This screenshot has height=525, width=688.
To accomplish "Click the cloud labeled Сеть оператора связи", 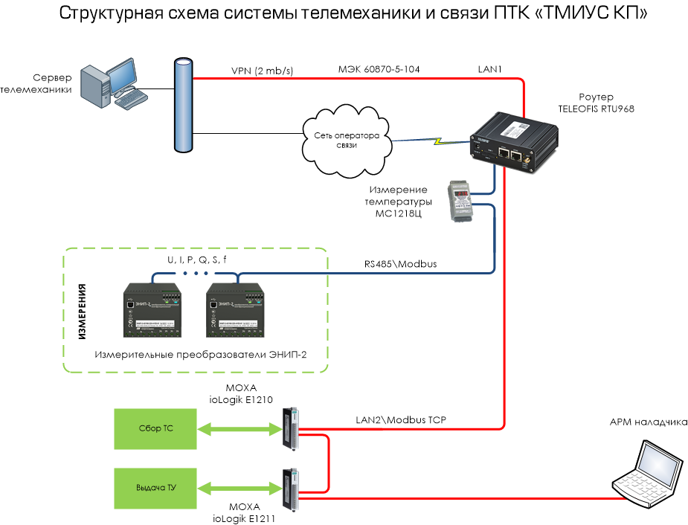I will pyautogui.click(x=347, y=141).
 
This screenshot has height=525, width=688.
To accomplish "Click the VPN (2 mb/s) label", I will pyautogui.click(x=263, y=71).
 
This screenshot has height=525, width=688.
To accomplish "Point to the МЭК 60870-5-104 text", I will pyautogui.click(x=379, y=69).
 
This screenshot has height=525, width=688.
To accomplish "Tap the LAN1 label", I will pyautogui.click(x=490, y=69).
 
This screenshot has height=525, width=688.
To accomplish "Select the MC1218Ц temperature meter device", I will pyautogui.click(x=460, y=202).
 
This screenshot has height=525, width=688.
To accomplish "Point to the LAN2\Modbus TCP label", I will pyautogui.click(x=402, y=420).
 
